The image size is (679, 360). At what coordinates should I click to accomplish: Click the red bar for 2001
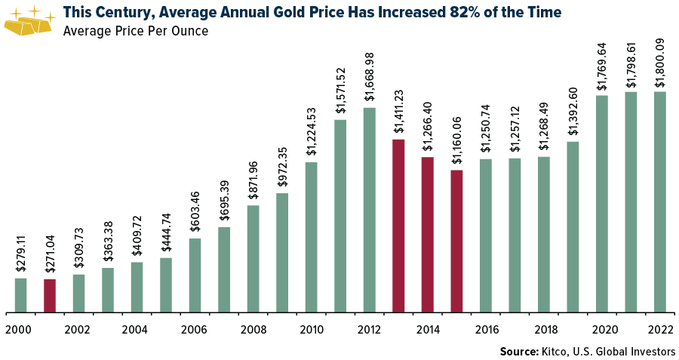[x=50, y=295]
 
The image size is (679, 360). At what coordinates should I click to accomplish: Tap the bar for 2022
[x=660, y=202]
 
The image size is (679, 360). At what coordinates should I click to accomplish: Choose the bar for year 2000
[x=20, y=294]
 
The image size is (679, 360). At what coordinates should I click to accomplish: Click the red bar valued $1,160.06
[x=456, y=241]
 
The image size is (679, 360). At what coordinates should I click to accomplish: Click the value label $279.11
[x=20, y=254]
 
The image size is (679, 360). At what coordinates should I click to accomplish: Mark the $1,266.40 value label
[x=428, y=127]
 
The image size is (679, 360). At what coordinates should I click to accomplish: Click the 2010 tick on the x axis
[x=312, y=330]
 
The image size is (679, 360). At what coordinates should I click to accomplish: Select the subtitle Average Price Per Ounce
[x=136, y=31]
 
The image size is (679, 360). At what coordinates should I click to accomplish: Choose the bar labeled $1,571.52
[x=340, y=215]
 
